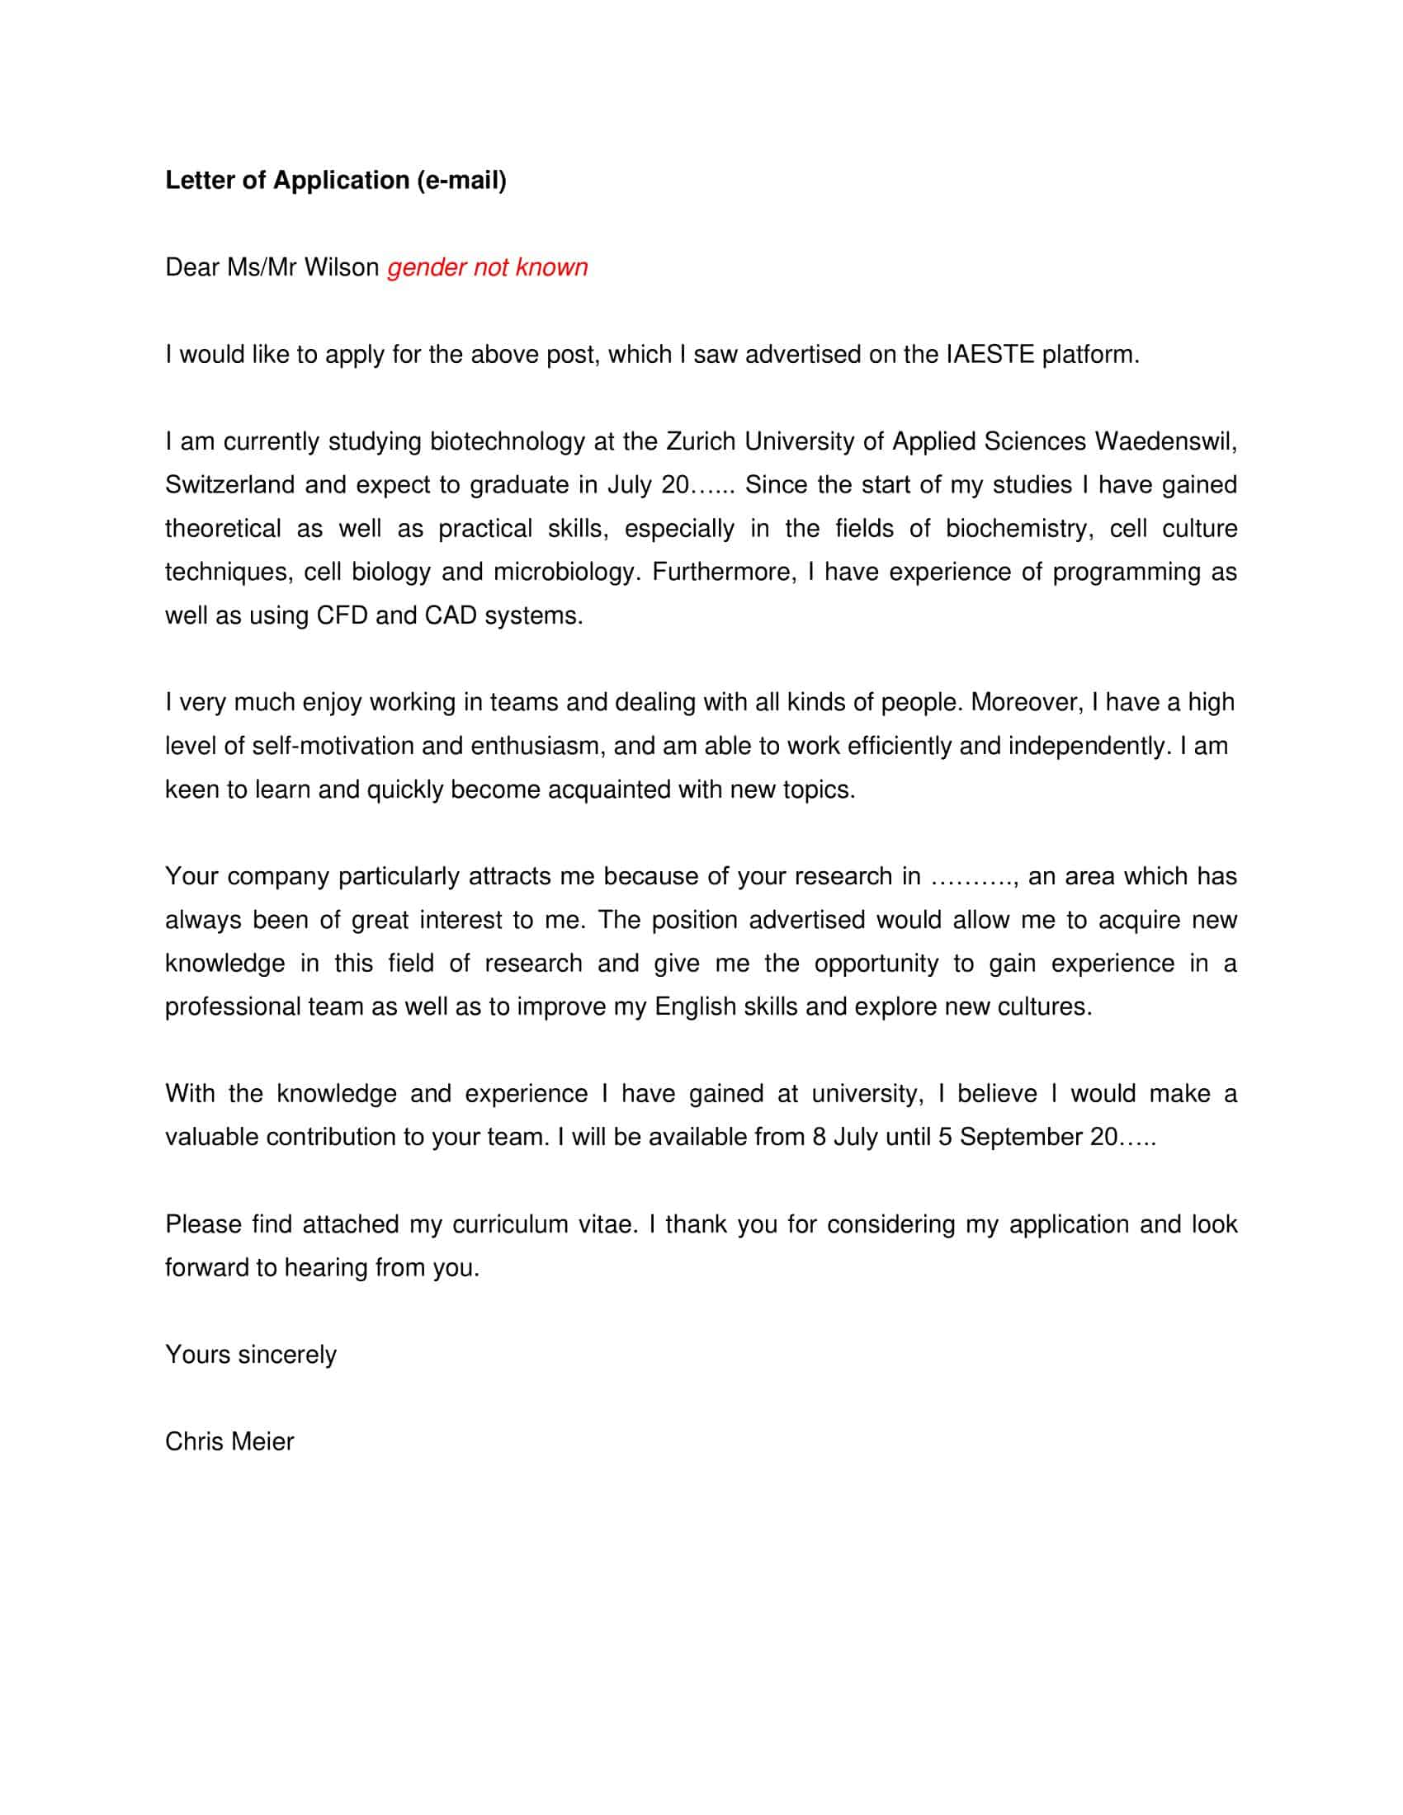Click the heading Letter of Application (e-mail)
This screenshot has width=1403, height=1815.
coord(336,181)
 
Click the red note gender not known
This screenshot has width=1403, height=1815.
coord(487,267)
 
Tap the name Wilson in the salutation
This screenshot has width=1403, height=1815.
coord(341,267)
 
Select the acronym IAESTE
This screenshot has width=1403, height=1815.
coord(990,355)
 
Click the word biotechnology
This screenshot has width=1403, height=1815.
coord(507,441)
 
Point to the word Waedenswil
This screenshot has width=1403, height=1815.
coord(1165,441)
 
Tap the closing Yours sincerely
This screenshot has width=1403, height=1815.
coord(251,1355)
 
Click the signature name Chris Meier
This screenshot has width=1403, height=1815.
coord(229,1442)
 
